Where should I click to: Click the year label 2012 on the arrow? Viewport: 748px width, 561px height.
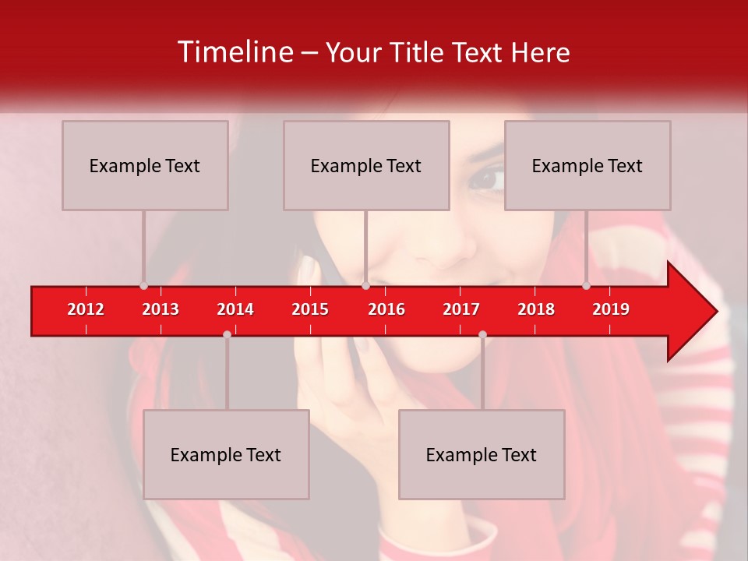click(x=86, y=309)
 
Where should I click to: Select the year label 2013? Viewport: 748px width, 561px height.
click(x=161, y=309)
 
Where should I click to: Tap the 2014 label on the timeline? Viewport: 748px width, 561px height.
click(x=235, y=309)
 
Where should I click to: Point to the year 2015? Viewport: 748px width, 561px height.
click(x=310, y=309)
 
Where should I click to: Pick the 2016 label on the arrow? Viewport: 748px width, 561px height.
click(x=386, y=309)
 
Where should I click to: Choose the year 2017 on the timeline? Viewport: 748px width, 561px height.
click(x=461, y=309)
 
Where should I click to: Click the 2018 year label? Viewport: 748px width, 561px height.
click(x=536, y=309)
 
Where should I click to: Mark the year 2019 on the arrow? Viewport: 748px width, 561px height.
click(x=611, y=309)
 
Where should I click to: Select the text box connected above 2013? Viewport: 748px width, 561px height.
click(x=145, y=165)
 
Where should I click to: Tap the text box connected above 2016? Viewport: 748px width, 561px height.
click(x=366, y=165)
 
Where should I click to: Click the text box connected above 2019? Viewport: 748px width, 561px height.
click(x=587, y=165)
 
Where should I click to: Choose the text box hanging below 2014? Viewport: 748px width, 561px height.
click(x=226, y=454)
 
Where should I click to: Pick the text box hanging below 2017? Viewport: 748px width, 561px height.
click(x=482, y=454)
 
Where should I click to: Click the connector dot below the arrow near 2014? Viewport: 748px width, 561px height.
click(x=227, y=334)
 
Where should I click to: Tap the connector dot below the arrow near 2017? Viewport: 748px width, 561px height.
click(x=482, y=334)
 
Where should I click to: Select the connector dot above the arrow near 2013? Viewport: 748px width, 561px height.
click(x=143, y=285)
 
